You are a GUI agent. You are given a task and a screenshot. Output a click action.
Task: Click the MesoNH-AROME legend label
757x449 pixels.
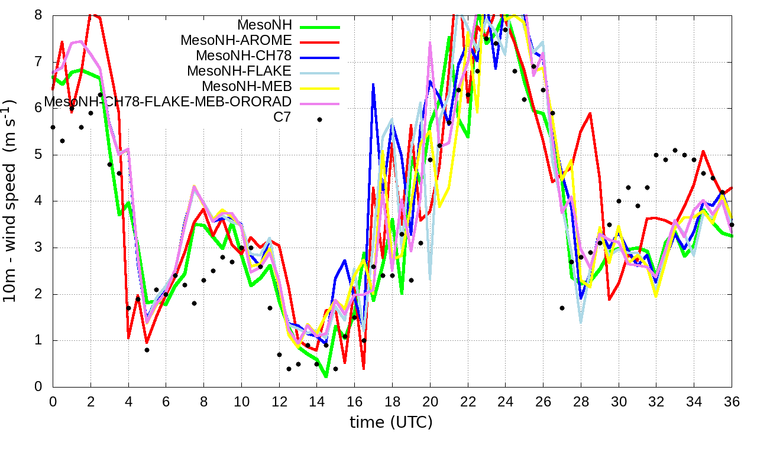coord(236,41)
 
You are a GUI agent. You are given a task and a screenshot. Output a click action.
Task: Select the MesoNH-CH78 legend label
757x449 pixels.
coord(244,56)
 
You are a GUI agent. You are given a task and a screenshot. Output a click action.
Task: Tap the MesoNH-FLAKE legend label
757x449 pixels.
coord(240,71)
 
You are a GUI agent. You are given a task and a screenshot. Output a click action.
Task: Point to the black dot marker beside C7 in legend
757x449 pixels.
coord(320,119)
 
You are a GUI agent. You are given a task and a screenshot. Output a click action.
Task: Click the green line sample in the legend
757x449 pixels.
coord(320,27)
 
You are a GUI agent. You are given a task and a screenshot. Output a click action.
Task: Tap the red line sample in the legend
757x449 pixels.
coord(320,42)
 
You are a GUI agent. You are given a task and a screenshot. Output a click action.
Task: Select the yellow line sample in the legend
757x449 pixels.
coord(320,88)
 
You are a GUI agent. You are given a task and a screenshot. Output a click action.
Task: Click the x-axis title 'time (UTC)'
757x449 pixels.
coord(391,422)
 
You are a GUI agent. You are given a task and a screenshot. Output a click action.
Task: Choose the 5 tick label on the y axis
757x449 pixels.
coord(38,155)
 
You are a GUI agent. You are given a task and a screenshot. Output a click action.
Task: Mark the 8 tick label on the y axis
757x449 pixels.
coord(38,15)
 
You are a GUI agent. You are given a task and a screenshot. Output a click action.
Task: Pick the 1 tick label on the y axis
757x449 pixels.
coord(38,341)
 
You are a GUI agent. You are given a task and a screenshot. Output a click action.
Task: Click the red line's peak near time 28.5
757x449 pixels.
coord(590,113)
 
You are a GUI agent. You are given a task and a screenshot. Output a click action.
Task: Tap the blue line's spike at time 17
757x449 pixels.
coord(373,84)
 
